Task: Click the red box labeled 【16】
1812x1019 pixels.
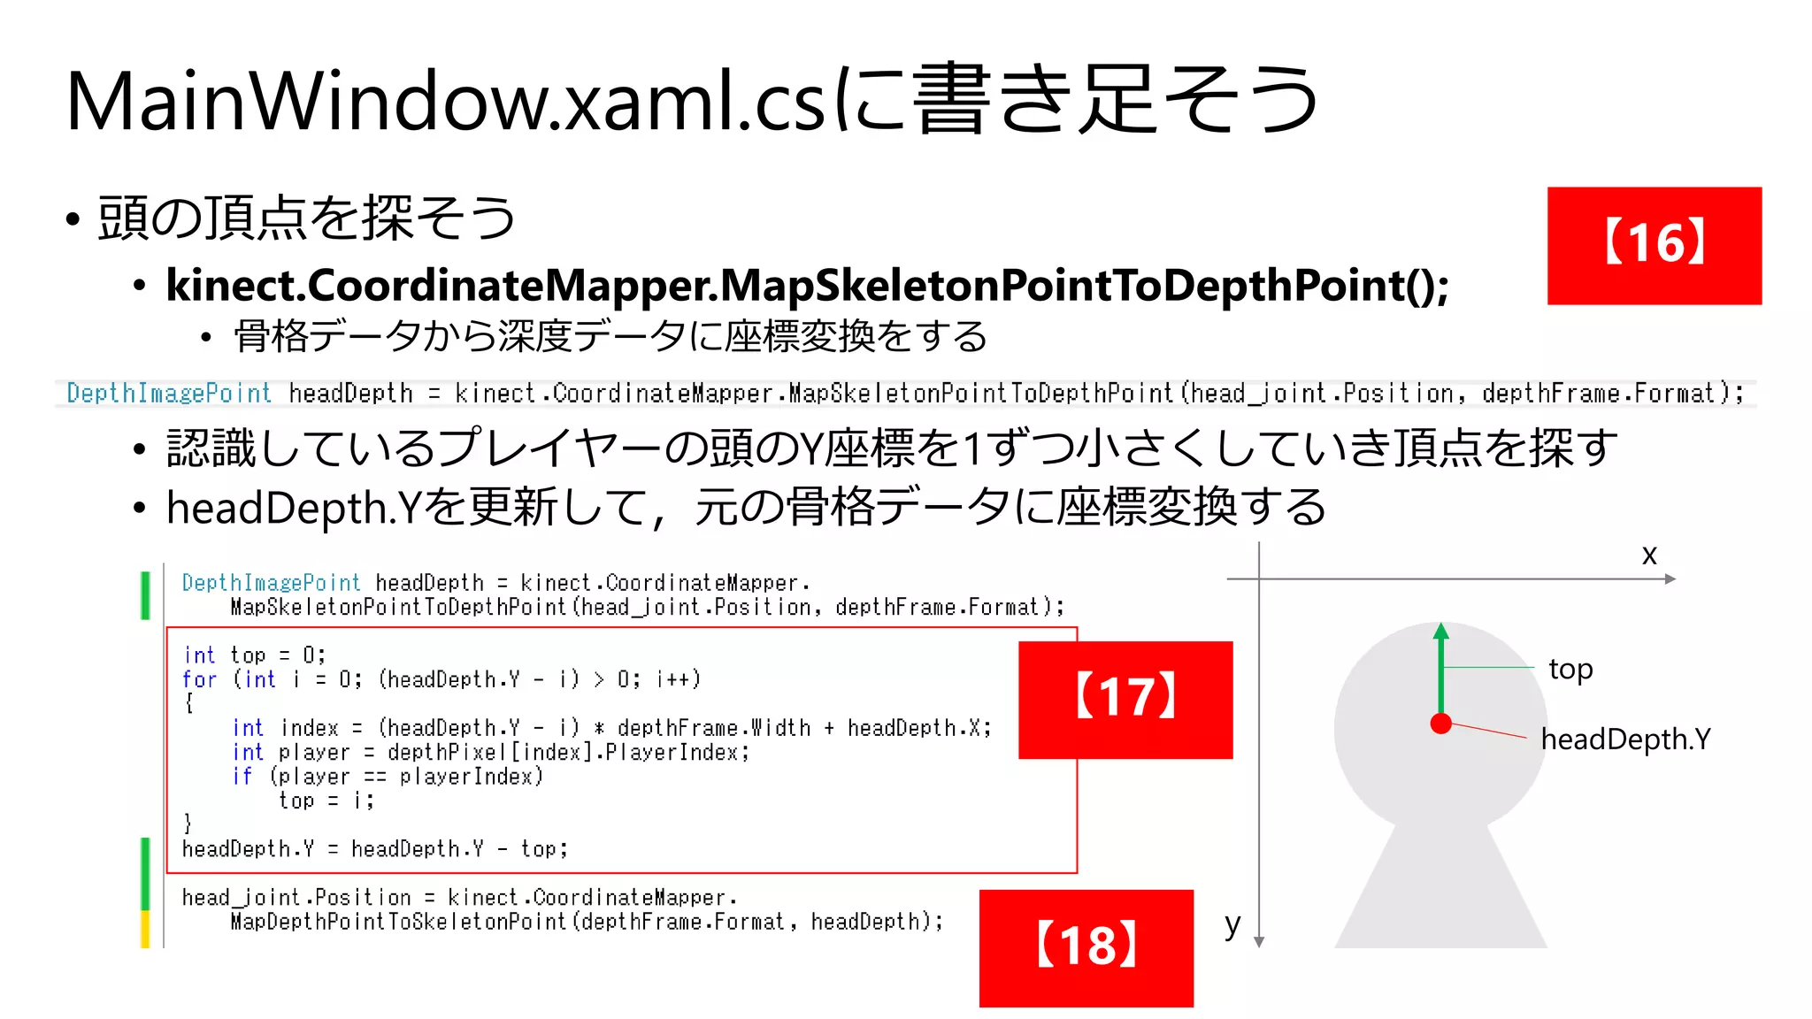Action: click(1654, 245)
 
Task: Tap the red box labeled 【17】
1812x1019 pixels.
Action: click(1125, 699)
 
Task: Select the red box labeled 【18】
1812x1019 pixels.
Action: click(1086, 947)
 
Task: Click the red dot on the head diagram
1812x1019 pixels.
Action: click(1440, 724)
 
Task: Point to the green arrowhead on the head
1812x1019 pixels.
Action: click(1441, 631)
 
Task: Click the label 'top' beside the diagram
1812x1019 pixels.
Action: click(1570, 669)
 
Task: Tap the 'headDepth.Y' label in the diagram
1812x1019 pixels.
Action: click(1625, 739)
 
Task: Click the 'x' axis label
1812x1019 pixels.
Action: click(1649, 555)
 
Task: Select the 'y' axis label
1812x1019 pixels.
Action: click(1232, 924)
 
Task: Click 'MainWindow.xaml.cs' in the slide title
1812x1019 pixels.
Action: click(447, 102)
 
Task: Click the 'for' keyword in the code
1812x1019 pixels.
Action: click(199, 679)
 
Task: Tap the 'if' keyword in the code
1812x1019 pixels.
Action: click(242, 777)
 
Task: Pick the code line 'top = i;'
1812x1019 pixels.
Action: click(326, 801)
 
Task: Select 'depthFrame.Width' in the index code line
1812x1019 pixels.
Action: click(714, 728)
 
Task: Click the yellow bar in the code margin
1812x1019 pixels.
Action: click(145, 928)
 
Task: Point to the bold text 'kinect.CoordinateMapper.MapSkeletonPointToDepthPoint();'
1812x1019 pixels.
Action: click(807, 285)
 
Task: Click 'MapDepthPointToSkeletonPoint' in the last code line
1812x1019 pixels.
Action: click(399, 922)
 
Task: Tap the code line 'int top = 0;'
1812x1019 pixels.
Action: click(255, 655)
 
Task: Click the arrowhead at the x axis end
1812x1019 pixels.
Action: click(1670, 579)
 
